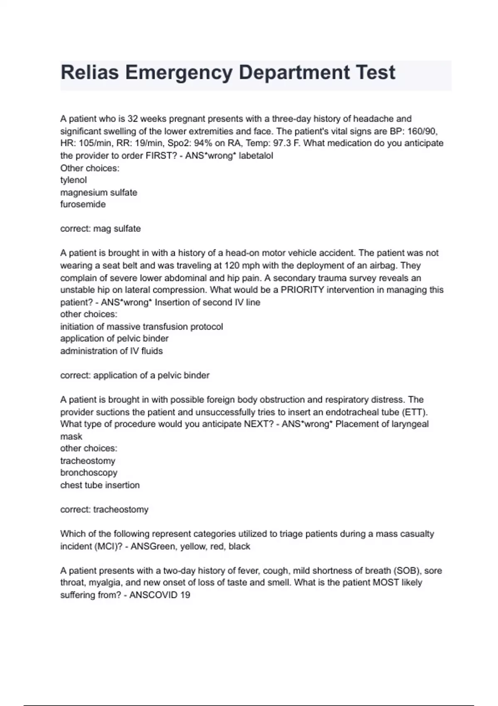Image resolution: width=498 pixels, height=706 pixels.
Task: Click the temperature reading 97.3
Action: coord(282,143)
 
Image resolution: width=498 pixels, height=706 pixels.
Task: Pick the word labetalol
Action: coord(256,156)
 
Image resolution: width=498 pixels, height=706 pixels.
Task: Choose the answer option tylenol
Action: coord(73,180)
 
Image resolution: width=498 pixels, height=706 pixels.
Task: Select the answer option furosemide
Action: coord(83,204)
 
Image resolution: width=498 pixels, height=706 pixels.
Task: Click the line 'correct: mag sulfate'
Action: coord(100,229)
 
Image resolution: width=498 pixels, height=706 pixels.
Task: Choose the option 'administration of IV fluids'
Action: coord(111,351)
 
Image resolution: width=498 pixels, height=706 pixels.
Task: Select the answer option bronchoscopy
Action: coord(88,473)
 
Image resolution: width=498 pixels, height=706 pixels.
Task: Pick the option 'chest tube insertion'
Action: coord(100,485)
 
